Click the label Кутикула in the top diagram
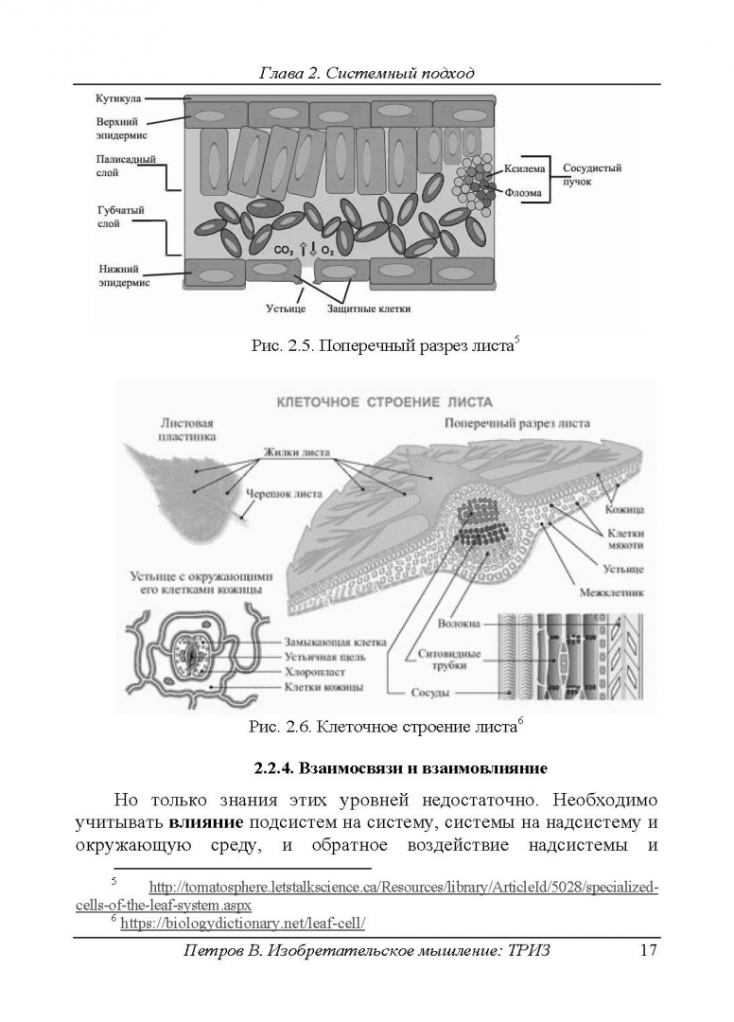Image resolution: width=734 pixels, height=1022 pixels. pos(118,97)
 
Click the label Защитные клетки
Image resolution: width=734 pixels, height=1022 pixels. pos(369,308)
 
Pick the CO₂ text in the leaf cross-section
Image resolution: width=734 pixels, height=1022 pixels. pos(283,250)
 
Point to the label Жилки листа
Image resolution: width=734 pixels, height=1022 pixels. pos(297,452)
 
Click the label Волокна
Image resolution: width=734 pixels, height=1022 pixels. pos(460,624)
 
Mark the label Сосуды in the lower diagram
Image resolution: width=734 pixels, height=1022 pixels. pos(429,692)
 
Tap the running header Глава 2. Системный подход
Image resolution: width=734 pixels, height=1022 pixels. pos(366,73)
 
